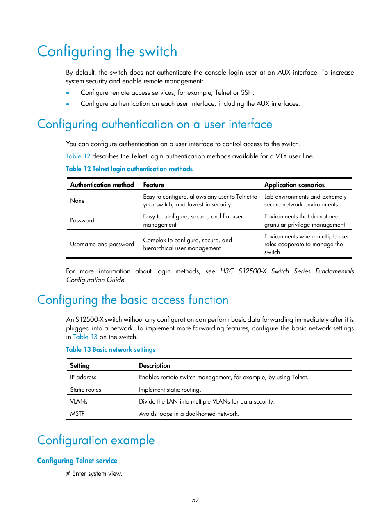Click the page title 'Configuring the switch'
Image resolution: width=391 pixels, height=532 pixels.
point(107,52)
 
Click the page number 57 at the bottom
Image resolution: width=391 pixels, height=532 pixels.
point(195,500)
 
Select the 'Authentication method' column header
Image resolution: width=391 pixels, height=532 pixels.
point(102,185)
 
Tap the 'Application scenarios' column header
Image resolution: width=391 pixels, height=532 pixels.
point(294,185)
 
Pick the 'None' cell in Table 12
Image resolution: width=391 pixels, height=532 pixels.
point(77,201)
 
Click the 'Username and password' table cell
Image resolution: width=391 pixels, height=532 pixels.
point(102,244)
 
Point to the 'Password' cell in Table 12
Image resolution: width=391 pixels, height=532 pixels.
point(82,220)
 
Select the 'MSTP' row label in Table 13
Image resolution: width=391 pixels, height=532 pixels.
point(77,414)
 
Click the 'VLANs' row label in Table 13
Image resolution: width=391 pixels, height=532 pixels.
point(79,401)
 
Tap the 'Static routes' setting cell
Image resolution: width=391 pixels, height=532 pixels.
point(86,390)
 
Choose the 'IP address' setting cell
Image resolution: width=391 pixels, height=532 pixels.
point(83,377)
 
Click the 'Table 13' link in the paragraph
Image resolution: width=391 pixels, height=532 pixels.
point(85,337)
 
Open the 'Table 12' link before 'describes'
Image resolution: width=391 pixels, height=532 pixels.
point(78,156)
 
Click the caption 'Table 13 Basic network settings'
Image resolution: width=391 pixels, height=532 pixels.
point(111,350)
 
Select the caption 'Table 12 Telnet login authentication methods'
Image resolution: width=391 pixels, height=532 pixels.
point(129,169)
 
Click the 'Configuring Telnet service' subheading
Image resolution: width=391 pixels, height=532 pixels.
point(77,461)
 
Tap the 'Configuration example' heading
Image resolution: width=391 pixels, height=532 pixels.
point(96,440)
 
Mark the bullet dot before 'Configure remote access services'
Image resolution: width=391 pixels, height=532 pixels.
point(68,93)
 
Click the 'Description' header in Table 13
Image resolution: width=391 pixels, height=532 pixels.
point(155,365)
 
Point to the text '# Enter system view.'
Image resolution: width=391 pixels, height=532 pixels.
point(94,474)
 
